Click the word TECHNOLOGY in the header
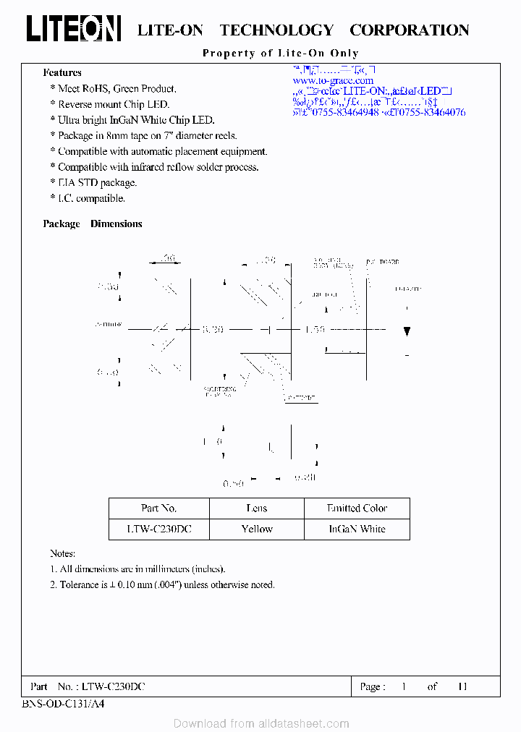[x=276, y=30]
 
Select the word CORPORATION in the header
[x=409, y=30]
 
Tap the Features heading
[x=62, y=72]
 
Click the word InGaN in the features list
[x=143, y=120]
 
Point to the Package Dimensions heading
[x=93, y=224]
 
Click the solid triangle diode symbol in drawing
[x=407, y=331]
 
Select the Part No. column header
[x=158, y=508]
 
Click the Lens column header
[x=257, y=508]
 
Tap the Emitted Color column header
[x=357, y=508]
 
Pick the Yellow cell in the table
[x=257, y=529]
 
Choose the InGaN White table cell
[x=357, y=529]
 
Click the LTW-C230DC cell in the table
[x=158, y=529]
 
